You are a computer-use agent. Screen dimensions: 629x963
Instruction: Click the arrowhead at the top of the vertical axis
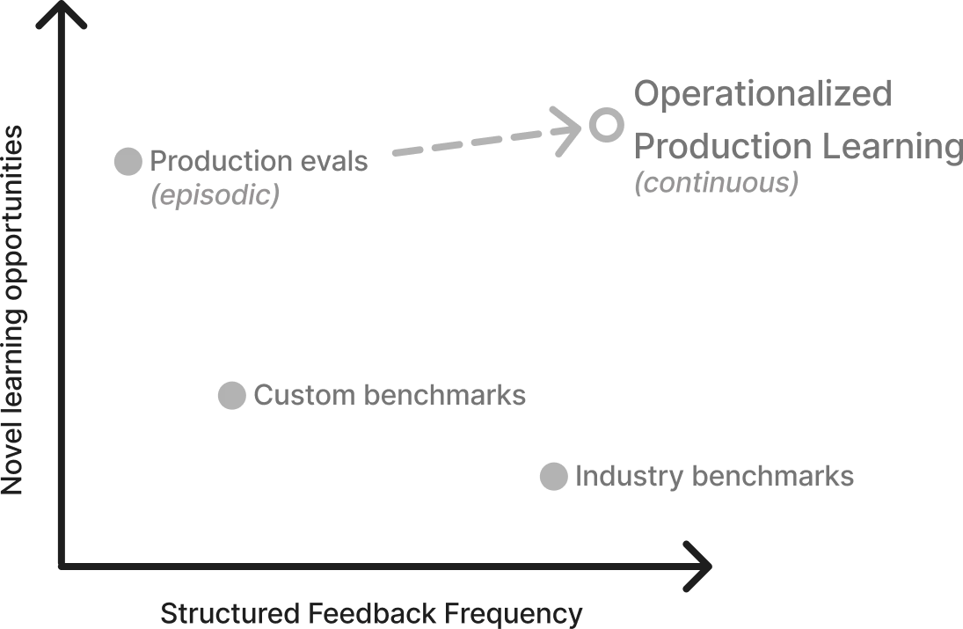point(62,18)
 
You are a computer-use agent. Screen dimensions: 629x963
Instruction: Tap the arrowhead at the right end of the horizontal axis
point(704,566)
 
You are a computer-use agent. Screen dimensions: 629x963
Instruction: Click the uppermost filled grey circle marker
point(127,159)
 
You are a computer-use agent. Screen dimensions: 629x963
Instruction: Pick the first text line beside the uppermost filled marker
point(260,163)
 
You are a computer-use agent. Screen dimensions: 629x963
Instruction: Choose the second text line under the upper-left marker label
point(214,197)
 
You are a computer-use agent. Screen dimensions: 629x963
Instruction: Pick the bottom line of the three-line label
point(718,186)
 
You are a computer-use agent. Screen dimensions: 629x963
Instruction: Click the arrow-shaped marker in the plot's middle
point(230,396)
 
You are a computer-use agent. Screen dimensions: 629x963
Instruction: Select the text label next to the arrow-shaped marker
point(390,397)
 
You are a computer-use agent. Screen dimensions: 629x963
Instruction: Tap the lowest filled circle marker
point(551,475)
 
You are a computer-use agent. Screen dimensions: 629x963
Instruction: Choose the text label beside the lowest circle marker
point(716,476)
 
